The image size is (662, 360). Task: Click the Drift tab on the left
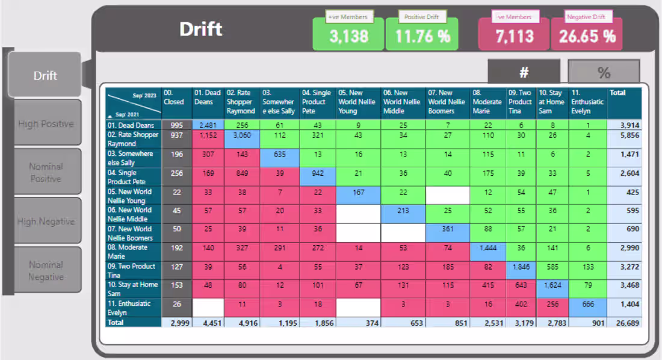(45, 75)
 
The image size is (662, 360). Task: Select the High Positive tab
(46, 123)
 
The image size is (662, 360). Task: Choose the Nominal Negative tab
(46, 271)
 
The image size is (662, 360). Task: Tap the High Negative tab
(46, 222)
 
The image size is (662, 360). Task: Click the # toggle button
(524, 72)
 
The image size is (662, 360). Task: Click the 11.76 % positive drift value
(422, 36)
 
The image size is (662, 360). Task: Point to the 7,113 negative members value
(514, 36)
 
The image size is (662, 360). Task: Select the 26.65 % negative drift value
(587, 36)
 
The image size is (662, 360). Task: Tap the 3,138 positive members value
(348, 36)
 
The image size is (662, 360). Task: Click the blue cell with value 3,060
(243, 135)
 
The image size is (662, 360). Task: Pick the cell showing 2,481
(208, 125)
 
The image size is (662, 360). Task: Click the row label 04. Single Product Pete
(134, 177)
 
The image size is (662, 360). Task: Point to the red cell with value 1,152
(208, 135)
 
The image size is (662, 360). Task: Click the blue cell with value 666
(587, 304)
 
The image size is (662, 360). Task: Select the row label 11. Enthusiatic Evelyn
(134, 308)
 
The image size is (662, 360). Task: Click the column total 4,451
(208, 323)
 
